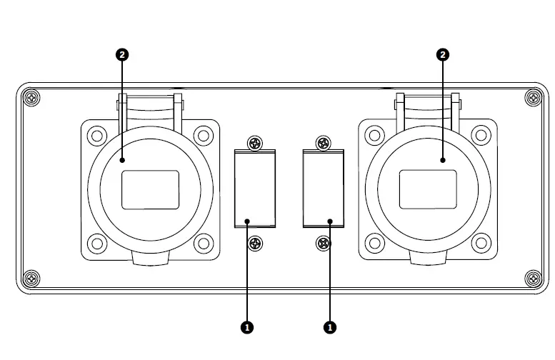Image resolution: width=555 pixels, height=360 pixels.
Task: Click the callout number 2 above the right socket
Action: (443, 54)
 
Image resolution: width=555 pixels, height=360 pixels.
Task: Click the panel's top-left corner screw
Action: (31, 97)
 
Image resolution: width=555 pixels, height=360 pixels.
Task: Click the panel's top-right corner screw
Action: (533, 97)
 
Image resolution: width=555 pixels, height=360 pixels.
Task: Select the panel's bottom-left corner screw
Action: (31, 278)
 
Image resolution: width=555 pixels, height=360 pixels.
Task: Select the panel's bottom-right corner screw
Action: (533, 278)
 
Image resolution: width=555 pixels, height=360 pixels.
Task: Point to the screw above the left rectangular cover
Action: (255, 143)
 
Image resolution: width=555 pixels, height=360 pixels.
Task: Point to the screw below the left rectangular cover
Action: (255, 244)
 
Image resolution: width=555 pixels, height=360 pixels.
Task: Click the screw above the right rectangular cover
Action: (323, 143)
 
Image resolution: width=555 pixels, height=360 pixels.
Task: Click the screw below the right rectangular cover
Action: (323, 244)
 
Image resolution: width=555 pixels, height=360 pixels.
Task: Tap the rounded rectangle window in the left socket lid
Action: (150, 189)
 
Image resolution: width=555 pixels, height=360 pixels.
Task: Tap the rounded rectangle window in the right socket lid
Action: (428, 189)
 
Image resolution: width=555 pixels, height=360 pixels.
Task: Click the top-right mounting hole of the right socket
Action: (481, 136)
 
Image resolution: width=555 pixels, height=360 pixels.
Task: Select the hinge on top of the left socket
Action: (149, 105)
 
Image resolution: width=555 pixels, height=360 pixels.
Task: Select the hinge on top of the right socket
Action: (428, 105)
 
